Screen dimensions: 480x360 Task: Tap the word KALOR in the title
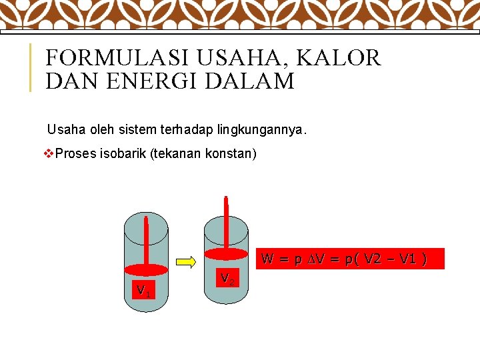coord(339,58)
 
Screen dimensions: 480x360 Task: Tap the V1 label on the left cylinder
coord(143,291)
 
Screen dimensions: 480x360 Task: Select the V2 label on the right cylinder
coord(227,278)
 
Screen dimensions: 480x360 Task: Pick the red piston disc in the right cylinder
coord(226,253)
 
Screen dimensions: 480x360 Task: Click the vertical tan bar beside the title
coord(30,67)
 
